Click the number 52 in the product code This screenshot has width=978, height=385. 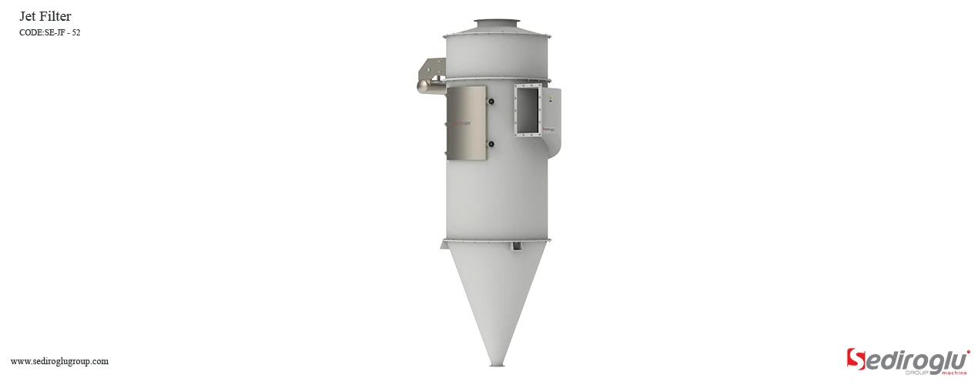(75, 32)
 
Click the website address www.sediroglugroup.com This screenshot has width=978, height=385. (59, 361)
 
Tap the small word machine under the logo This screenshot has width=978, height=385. (954, 373)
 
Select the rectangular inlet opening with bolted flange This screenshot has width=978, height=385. (528, 109)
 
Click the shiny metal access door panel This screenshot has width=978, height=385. (467, 123)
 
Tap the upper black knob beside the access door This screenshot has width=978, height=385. (490, 102)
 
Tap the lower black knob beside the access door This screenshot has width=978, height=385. (490, 143)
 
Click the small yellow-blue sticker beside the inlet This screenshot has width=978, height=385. (551, 98)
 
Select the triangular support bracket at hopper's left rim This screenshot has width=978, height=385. (444, 245)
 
